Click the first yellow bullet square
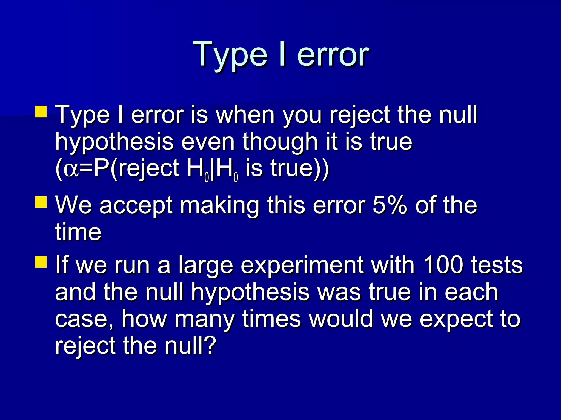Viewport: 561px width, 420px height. pos(41,112)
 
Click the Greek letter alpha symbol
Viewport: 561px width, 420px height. pos(71,169)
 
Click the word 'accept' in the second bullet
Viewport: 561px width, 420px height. pos(136,206)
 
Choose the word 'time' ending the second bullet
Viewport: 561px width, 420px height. pos(78,232)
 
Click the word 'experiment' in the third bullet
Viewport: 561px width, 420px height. pos(302,265)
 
